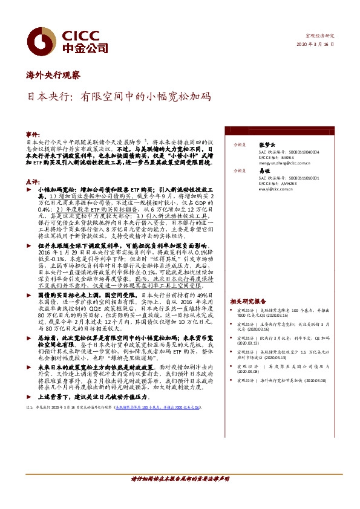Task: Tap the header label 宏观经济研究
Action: coord(321,36)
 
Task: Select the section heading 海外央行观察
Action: coord(53,76)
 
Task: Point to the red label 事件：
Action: coord(32,132)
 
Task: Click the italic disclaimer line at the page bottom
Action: coord(180,496)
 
